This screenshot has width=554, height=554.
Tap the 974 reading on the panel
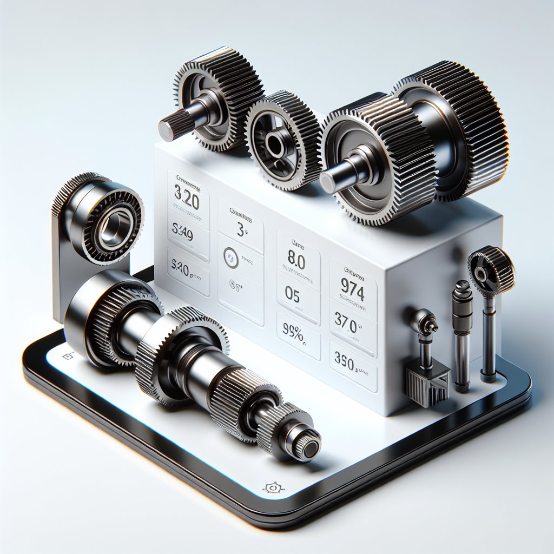coord(353,292)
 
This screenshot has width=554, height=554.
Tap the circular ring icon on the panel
coord(231,258)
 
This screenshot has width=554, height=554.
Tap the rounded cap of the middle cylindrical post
coord(462,287)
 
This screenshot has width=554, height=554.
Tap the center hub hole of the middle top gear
coord(274,144)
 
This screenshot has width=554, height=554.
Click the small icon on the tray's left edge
coord(68,355)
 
